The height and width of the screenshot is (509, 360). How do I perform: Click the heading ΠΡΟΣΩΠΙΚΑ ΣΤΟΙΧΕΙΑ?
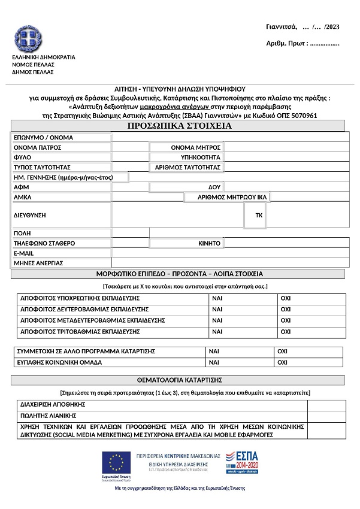pos(180,126)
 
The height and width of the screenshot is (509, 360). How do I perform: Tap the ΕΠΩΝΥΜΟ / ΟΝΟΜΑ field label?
pos(43,138)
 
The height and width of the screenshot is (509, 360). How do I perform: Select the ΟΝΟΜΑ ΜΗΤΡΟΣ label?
pos(196,147)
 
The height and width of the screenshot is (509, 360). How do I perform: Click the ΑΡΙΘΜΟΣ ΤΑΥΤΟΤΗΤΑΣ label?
pos(188,167)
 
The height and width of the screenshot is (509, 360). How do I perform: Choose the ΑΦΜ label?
pos(22,187)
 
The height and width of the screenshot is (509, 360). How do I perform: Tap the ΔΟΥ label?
pos(214,187)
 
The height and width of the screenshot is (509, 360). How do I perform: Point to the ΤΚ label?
pos(259,214)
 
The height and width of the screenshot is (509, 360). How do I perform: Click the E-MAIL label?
pos(24,253)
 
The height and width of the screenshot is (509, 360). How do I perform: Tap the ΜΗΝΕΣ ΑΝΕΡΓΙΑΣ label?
pos(38,263)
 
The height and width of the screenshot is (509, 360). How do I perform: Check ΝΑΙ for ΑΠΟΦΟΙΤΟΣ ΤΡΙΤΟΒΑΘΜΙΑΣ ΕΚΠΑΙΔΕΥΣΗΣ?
pos(217,332)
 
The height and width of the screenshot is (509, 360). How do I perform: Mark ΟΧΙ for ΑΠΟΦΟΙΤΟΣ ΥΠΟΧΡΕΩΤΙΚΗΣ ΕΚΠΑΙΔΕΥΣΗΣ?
pos(285,298)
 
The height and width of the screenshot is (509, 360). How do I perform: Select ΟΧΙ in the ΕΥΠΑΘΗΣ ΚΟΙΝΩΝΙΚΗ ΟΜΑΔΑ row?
pos(283,362)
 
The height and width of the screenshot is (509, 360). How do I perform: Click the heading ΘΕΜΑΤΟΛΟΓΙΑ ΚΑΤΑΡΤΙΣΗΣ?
pos(180,380)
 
